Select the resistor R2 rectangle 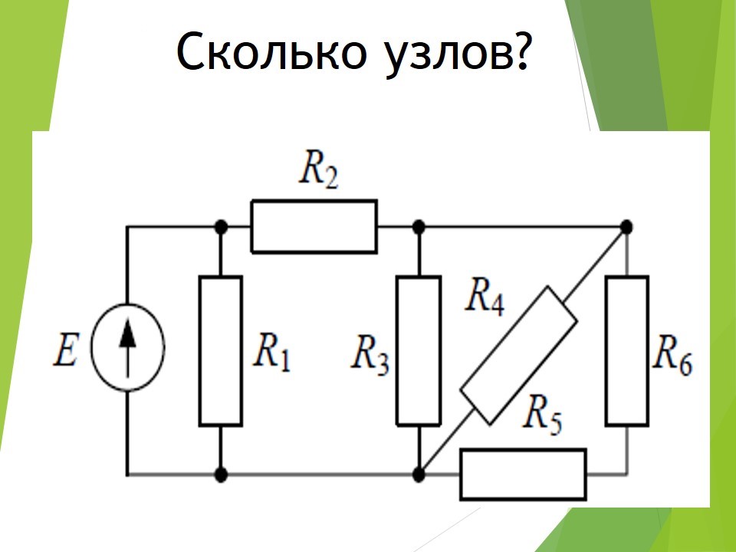tap(314, 226)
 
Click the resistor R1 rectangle tap(221, 350)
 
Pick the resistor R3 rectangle tap(419, 350)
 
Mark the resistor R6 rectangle tap(626, 350)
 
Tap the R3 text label tap(371, 354)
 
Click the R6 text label tap(674, 354)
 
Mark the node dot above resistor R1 tap(221, 227)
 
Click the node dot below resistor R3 tap(419, 475)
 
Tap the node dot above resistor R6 tap(626, 227)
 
